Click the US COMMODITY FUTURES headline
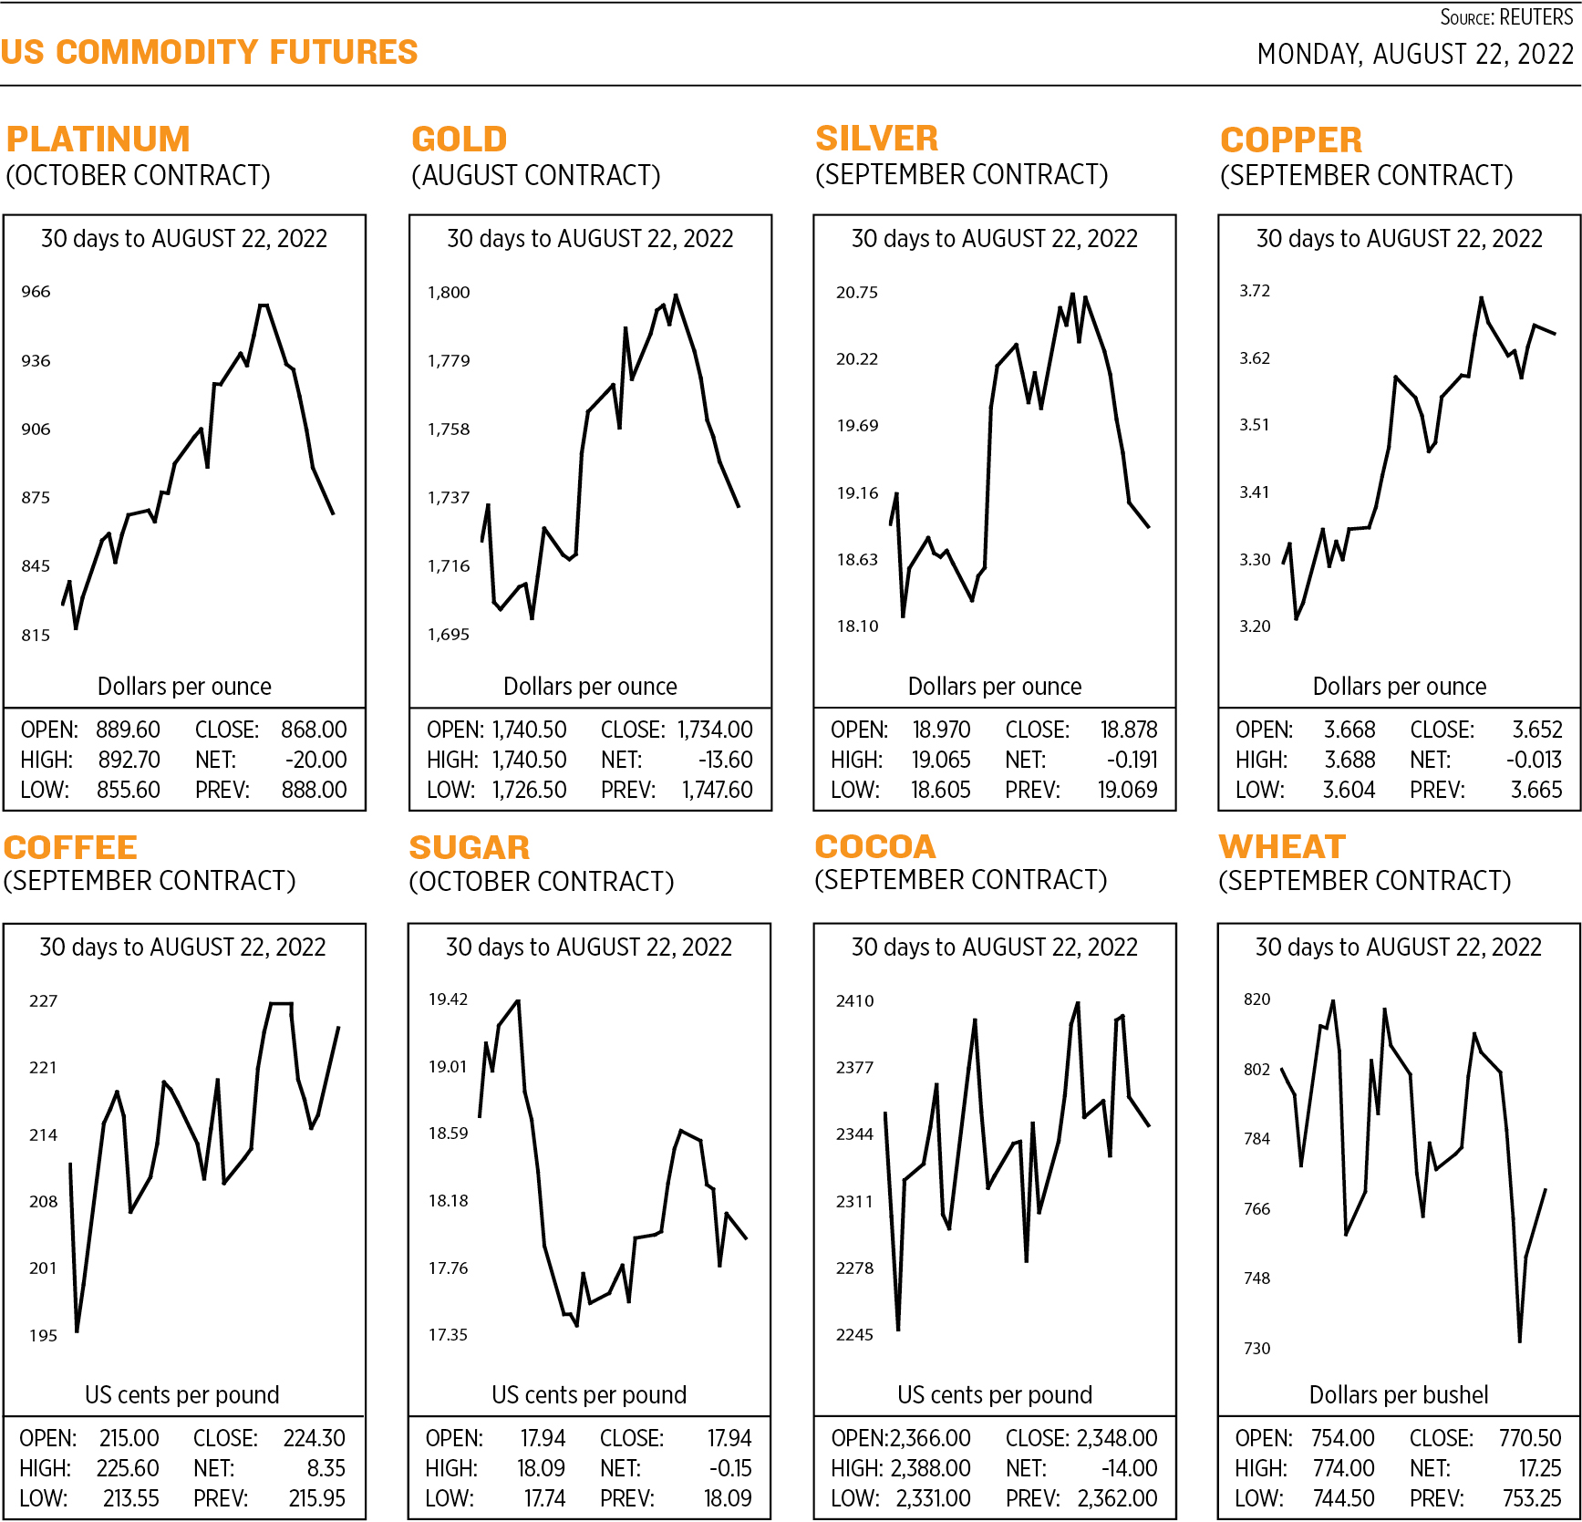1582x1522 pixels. click(209, 52)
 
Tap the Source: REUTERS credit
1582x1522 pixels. click(1506, 17)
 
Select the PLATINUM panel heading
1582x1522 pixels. click(98, 140)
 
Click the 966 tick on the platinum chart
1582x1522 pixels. click(36, 292)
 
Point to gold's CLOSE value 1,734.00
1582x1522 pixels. click(715, 730)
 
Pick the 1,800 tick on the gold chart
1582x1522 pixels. click(449, 293)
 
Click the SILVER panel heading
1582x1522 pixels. click(876, 139)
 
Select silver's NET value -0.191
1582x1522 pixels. click(1132, 760)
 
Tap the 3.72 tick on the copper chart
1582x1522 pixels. click(1254, 291)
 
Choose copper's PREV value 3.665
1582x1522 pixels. click(1536, 790)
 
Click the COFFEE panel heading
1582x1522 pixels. click(70, 848)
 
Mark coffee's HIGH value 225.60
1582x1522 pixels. click(128, 1468)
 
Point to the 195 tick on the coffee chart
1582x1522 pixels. click(43, 1336)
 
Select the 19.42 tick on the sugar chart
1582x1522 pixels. click(448, 999)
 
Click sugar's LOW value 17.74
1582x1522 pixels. click(544, 1498)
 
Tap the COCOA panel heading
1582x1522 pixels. click(874, 847)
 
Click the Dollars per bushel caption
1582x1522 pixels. click(1398, 1394)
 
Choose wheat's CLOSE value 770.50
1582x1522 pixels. click(1530, 1438)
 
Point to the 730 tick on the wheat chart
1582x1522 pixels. click(1256, 1349)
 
